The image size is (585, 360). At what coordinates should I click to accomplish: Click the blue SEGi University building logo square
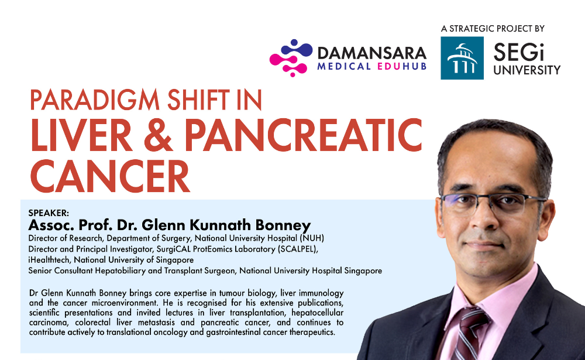click(462, 58)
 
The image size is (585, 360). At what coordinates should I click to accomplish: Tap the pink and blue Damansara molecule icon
click(291, 58)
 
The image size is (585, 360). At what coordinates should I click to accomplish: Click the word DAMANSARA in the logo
click(372, 53)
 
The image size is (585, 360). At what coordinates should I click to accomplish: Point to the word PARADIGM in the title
click(95, 100)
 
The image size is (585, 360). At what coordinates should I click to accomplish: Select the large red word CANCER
click(110, 176)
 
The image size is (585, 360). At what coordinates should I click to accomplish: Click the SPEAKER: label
click(49, 213)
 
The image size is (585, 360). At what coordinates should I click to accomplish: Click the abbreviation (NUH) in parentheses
click(312, 238)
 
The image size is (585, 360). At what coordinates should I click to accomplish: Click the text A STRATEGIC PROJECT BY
click(493, 28)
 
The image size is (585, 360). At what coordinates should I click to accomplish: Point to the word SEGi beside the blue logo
click(518, 52)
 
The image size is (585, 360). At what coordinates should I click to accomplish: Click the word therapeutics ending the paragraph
click(312, 332)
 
